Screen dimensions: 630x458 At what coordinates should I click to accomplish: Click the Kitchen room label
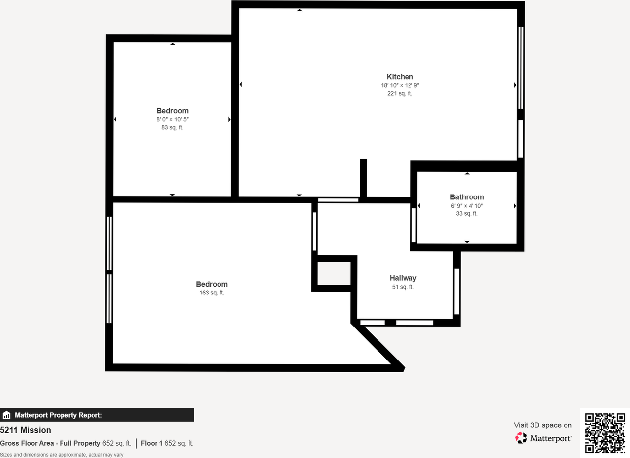(x=400, y=77)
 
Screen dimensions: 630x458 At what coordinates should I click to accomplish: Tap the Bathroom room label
(x=467, y=197)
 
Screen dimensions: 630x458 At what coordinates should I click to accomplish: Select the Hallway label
(x=403, y=278)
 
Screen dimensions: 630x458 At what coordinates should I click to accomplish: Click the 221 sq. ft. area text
(x=400, y=93)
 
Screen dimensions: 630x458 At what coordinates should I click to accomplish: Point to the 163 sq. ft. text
(x=212, y=293)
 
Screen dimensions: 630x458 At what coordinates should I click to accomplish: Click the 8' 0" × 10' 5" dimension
(x=172, y=119)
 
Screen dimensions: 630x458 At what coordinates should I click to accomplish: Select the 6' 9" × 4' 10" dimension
(x=467, y=206)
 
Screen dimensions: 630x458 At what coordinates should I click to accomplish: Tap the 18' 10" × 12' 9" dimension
(x=400, y=85)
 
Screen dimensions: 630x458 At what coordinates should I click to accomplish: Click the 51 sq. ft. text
(x=403, y=287)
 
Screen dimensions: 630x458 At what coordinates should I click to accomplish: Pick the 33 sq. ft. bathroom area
(x=467, y=214)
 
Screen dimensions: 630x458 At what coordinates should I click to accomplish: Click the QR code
(x=605, y=433)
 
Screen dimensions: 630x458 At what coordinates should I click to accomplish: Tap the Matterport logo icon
(x=521, y=438)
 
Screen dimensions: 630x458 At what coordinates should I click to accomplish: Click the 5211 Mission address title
(x=26, y=430)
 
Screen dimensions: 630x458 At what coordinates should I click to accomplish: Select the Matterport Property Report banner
(x=97, y=415)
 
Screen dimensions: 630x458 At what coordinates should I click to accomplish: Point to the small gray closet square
(x=334, y=273)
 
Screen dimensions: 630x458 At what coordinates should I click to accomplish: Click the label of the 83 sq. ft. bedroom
(x=172, y=111)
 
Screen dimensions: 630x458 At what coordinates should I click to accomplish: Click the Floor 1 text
(x=152, y=443)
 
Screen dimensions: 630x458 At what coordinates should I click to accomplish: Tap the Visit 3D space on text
(x=543, y=425)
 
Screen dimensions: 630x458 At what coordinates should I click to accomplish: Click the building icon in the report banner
(x=6, y=415)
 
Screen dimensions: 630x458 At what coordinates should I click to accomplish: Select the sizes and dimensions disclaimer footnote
(x=62, y=455)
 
